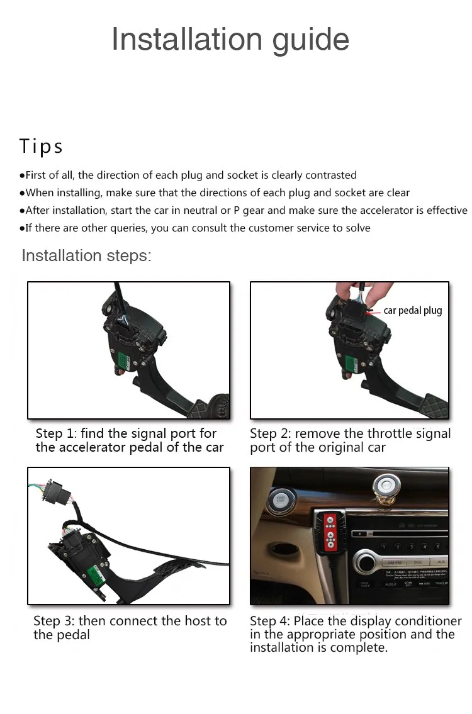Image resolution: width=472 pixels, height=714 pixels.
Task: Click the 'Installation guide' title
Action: [230, 40]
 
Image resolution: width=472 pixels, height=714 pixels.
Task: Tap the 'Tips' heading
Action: [41, 147]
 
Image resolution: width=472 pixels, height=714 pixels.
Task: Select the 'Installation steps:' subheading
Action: [87, 255]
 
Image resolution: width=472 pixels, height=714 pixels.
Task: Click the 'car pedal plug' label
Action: [413, 311]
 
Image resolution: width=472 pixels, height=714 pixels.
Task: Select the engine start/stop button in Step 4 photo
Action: [281, 501]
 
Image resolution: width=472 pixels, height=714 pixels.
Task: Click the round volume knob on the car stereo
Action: [366, 562]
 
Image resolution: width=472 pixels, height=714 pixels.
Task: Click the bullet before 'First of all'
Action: [22, 176]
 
